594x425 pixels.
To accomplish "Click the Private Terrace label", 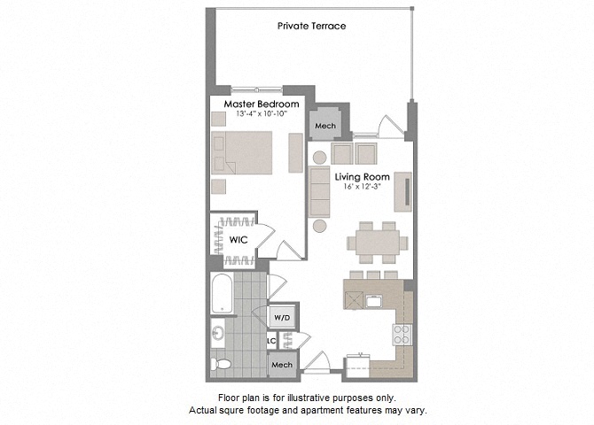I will pyautogui.click(x=311, y=26).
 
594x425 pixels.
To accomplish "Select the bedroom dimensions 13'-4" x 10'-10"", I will pyautogui.click(x=254, y=115).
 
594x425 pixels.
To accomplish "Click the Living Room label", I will pyautogui.click(x=359, y=176).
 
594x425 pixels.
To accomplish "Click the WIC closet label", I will pyautogui.click(x=238, y=240).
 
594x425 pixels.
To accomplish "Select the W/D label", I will pyautogui.click(x=282, y=316).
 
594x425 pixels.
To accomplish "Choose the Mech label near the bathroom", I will pyautogui.click(x=282, y=365).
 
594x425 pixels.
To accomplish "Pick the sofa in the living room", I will pyautogui.click(x=320, y=192).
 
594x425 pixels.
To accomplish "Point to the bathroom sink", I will pyautogui.click(x=217, y=334).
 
